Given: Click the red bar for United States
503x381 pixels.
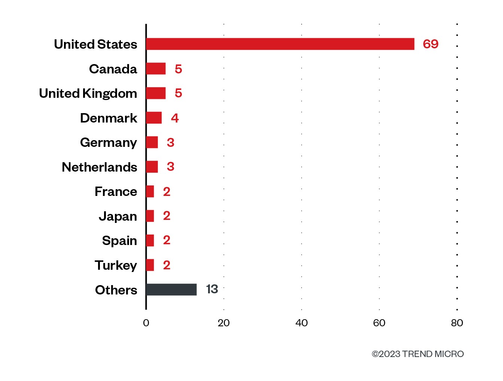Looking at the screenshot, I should tap(280, 44).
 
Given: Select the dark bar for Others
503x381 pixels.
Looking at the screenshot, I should tap(171, 290).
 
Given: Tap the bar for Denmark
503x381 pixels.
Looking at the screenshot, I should tap(154, 118).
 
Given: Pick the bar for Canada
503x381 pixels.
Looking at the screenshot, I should tap(156, 69).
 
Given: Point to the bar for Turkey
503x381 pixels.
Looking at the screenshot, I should tap(150, 265).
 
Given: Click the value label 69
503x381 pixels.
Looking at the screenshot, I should tap(430, 44).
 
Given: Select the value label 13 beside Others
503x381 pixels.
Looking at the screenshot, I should tap(212, 289).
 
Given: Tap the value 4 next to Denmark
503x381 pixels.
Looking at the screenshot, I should tap(175, 118).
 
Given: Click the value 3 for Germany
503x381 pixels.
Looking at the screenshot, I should tap(171, 142).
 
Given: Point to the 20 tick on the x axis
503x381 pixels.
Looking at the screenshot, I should tap(223, 323).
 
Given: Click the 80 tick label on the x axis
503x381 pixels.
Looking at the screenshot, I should tap(457, 323).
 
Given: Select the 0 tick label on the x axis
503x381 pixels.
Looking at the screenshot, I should tap(146, 323).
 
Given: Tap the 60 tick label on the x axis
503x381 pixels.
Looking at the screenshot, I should tap(379, 323).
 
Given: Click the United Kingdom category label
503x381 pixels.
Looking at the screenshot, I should tap(88, 93).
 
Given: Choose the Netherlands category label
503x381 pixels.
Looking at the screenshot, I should tap(100, 167).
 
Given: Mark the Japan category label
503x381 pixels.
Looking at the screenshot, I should tap(118, 216).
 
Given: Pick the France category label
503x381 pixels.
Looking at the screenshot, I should tap(116, 191).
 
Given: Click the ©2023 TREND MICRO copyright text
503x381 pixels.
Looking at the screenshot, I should tap(418, 354).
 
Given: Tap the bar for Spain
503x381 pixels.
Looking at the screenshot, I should tap(150, 241).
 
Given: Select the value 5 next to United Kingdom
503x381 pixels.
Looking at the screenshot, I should tap(179, 93).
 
